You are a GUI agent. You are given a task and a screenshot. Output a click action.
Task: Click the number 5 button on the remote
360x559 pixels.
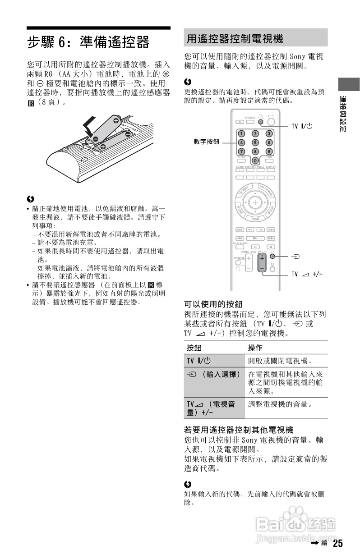(x=255, y=142)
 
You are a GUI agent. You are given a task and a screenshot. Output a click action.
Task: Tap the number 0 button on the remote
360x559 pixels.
(x=255, y=160)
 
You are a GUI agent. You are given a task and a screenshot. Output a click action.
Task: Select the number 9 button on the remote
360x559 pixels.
(x=269, y=151)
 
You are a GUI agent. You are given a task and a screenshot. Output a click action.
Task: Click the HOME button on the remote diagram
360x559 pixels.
(x=255, y=219)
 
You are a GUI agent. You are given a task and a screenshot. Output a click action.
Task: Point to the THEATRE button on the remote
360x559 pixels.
(x=250, y=121)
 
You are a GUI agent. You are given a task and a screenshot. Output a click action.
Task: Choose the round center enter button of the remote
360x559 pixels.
(x=255, y=202)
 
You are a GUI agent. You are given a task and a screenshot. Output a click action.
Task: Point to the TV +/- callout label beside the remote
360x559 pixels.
(x=306, y=274)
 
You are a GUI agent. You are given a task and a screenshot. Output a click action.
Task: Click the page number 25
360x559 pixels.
(x=338, y=543)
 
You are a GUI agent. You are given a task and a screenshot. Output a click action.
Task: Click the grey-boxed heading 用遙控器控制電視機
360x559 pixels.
(x=235, y=39)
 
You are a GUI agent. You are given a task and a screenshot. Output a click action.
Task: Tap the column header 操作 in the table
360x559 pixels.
(x=255, y=348)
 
